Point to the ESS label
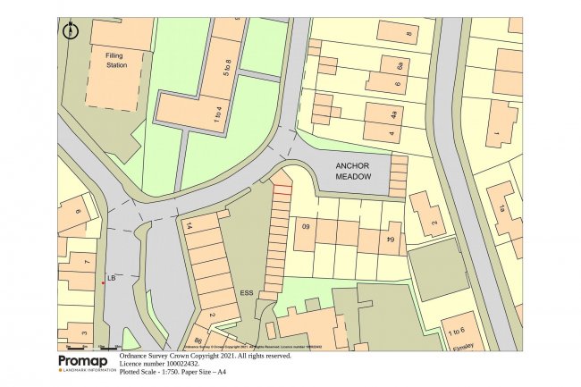point(247,291)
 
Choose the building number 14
point(189,227)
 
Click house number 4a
point(393,114)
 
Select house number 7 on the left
point(87,262)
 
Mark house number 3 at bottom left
point(83,333)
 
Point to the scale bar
point(89,346)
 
